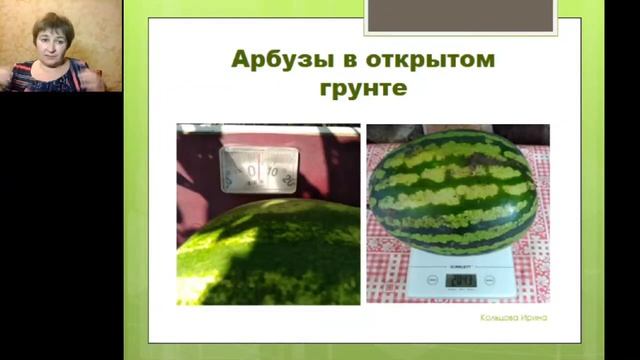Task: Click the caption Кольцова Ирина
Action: coord(513,318)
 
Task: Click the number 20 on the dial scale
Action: coord(289,179)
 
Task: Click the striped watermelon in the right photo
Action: coord(454,194)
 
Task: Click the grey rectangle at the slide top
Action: coord(460,15)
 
